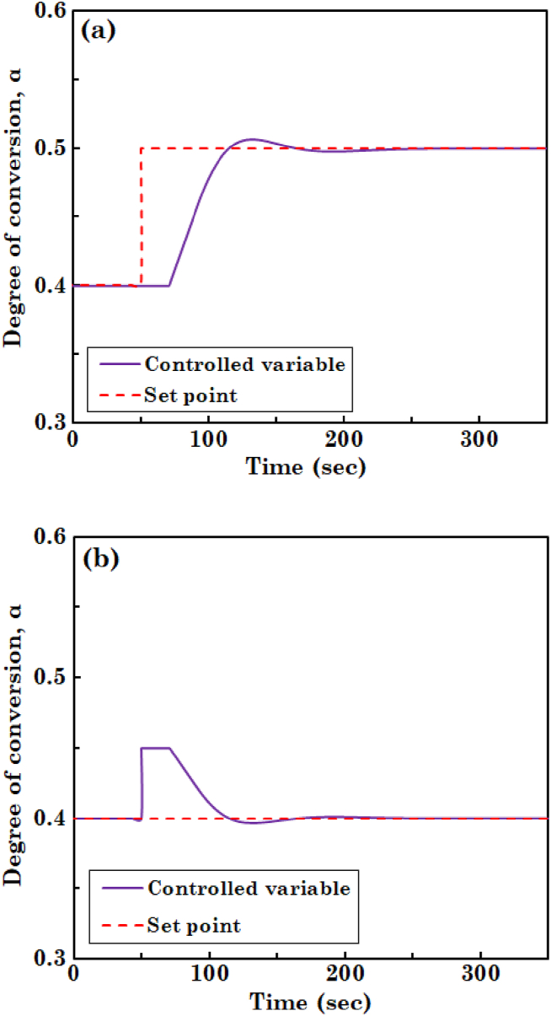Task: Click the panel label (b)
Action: (x=99, y=562)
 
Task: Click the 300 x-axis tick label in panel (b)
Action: (x=479, y=976)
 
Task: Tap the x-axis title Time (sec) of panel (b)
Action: (x=308, y=1003)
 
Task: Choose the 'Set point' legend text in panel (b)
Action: (x=194, y=926)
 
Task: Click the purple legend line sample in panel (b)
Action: (x=119, y=888)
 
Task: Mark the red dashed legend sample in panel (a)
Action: (x=118, y=394)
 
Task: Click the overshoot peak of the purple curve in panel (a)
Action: (x=251, y=139)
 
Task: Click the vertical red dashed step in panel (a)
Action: (x=141, y=218)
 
